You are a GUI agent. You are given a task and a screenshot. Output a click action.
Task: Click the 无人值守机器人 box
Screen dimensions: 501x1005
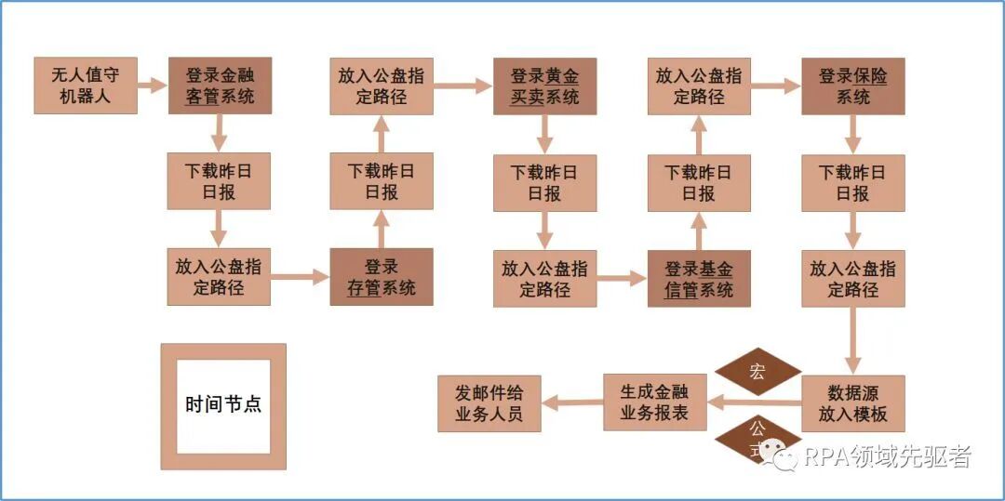(x=86, y=86)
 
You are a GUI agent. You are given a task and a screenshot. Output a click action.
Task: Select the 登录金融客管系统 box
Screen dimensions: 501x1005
(x=220, y=86)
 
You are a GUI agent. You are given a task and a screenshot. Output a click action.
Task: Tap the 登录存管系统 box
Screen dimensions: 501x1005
(x=382, y=277)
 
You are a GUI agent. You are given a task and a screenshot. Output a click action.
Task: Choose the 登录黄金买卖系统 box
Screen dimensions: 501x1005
(x=544, y=86)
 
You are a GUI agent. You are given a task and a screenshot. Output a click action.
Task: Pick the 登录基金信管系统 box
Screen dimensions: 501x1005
(x=699, y=278)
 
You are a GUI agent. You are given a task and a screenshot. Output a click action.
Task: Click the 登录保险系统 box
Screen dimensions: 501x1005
(x=852, y=86)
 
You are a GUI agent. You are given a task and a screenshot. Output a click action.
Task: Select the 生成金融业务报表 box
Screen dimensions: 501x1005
(x=654, y=402)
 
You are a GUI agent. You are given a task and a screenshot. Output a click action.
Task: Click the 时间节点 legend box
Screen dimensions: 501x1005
(x=223, y=405)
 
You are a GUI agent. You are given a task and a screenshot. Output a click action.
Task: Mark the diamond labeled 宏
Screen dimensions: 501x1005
(x=757, y=372)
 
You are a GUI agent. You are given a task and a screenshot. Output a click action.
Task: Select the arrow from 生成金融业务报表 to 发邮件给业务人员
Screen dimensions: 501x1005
(x=571, y=402)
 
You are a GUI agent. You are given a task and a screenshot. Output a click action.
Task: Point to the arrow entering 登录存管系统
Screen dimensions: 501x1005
(x=300, y=277)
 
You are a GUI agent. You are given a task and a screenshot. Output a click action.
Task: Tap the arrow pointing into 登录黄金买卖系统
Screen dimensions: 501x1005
(x=462, y=86)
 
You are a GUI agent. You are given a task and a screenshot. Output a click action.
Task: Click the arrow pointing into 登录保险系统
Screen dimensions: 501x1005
(x=775, y=86)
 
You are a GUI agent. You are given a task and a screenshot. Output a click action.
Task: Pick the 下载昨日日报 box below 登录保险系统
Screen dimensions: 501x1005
(x=852, y=182)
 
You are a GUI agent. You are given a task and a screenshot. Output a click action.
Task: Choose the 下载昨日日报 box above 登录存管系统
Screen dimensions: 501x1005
(x=382, y=181)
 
